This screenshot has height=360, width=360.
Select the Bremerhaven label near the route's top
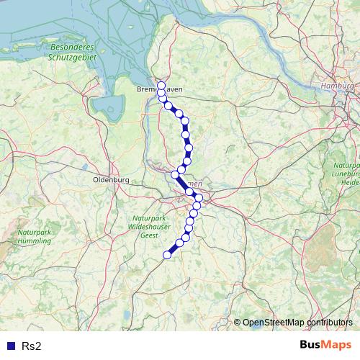(x=160, y=89)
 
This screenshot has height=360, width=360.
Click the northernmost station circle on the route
(x=161, y=86)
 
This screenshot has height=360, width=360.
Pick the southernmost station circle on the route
(x=167, y=254)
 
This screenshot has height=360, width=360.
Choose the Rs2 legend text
(x=32, y=346)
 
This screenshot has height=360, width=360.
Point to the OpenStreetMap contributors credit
(x=294, y=323)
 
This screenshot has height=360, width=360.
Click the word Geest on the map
(x=149, y=235)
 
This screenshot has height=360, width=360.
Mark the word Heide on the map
(x=350, y=183)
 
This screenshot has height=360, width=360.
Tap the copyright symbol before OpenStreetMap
(x=237, y=323)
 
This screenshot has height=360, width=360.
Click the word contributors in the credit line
(x=328, y=323)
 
